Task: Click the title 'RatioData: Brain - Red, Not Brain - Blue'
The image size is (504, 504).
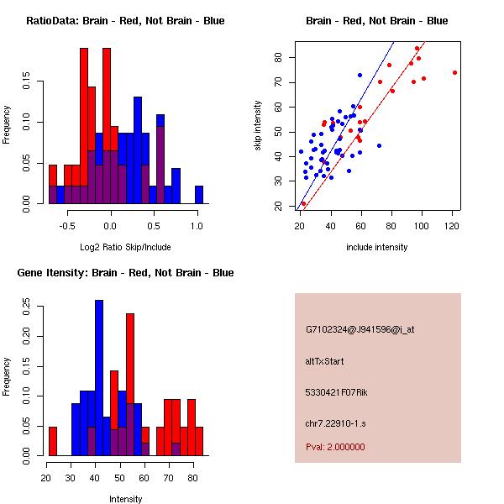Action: (x=125, y=20)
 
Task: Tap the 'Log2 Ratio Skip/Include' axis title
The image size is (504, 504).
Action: (x=125, y=247)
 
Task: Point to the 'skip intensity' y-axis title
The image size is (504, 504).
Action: (x=258, y=126)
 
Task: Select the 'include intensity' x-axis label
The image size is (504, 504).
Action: (x=377, y=247)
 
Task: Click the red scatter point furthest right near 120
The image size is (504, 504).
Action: (x=454, y=72)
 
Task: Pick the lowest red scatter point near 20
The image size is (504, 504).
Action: (x=303, y=203)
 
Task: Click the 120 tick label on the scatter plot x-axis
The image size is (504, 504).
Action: (x=454, y=225)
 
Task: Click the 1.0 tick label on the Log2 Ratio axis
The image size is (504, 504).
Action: (x=197, y=225)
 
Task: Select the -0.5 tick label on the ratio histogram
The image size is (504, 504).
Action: (x=66, y=225)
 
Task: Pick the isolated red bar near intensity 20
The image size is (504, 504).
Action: (x=53, y=440)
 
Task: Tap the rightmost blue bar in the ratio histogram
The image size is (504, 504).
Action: (x=199, y=195)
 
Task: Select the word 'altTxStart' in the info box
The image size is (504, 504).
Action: (x=325, y=361)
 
